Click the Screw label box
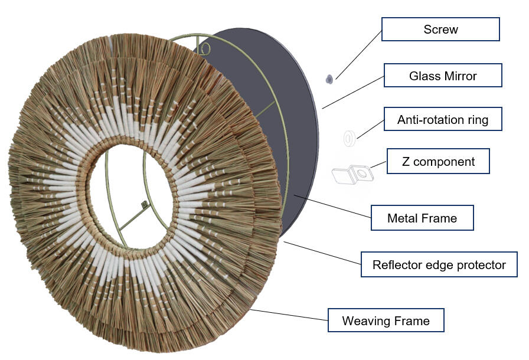440,29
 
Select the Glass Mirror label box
442,76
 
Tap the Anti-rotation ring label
442,120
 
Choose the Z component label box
438,161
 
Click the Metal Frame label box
422,218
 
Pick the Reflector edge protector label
439,264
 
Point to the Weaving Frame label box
386,321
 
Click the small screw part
329,78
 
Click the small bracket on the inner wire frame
143,205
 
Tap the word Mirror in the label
459,76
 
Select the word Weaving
366,321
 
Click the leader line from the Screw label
357,53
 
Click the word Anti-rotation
427,120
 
